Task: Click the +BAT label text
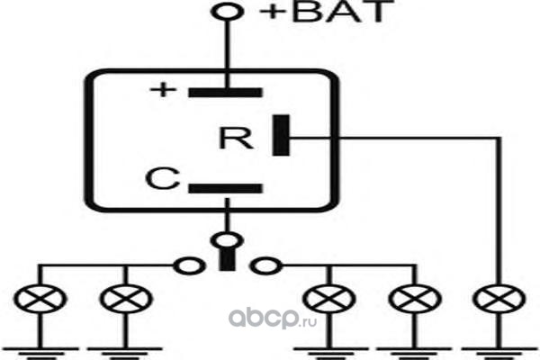[x=327, y=12]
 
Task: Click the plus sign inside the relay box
[x=163, y=90]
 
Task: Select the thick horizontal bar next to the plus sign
[x=226, y=93]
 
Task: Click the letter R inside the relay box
[x=236, y=138]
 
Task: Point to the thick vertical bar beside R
[x=281, y=135]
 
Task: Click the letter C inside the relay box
[x=163, y=178]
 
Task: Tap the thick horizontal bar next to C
[x=226, y=188]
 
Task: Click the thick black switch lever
[x=228, y=258]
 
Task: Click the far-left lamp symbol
[x=40, y=299]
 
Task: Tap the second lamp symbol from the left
[x=126, y=299]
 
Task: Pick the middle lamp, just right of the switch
[x=328, y=299]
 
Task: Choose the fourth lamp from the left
[x=415, y=299]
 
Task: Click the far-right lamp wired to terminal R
[x=499, y=299]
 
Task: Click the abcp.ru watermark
[x=273, y=319]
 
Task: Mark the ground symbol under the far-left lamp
[x=40, y=353]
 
